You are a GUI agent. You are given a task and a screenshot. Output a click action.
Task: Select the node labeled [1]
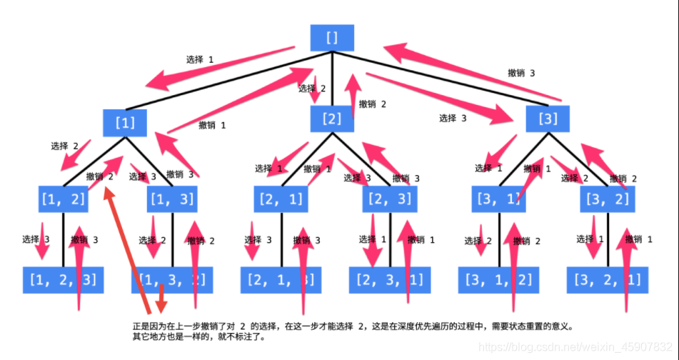[125, 121]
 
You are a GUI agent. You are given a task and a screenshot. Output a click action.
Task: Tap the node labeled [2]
[332, 119]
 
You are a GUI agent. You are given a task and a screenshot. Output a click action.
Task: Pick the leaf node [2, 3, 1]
[390, 279]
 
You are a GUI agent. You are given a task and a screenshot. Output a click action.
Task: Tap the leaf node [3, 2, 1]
[608, 279]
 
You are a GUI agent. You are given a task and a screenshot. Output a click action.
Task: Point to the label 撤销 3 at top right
[521, 73]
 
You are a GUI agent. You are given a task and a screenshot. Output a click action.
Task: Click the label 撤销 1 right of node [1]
[213, 125]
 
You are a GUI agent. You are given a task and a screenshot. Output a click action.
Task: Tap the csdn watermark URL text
[577, 346]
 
